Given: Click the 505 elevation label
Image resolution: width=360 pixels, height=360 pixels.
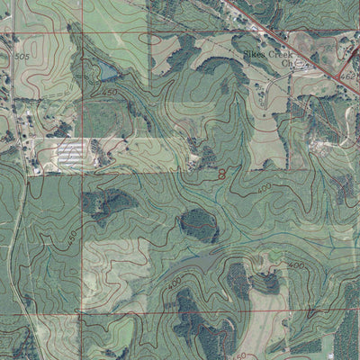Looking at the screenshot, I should pyautogui.click(x=22, y=56).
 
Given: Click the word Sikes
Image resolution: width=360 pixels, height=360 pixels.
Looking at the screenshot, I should pyautogui.click(x=257, y=54).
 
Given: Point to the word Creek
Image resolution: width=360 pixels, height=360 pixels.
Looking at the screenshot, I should pyautogui.click(x=288, y=54).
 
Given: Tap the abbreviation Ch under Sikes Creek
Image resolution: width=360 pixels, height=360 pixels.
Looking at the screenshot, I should pyautogui.click(x=287, y=64).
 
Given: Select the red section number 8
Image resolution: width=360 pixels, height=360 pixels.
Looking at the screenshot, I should pyautogui.click(x=221, y=173).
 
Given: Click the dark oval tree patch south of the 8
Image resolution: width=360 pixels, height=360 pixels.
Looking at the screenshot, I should pyautogui.click(x=199, y=225).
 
